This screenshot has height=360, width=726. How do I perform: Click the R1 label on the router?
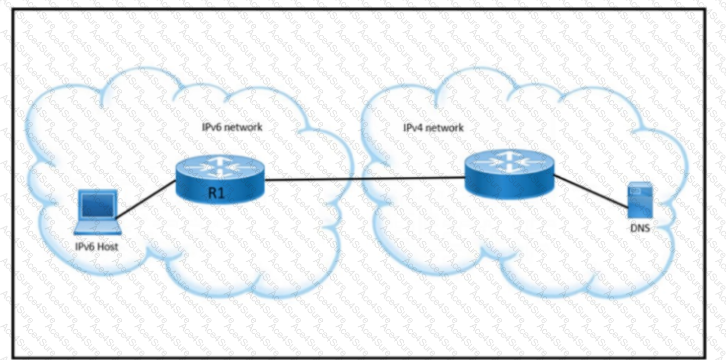[x=216, y=193]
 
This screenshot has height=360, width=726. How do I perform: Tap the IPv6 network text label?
[x=232, y=127]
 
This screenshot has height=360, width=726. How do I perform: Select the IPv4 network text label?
[x=434, y=127]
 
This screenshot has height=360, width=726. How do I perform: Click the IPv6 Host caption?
[x=96, y=247]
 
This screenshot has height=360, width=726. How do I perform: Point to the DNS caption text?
[x=640, y=228]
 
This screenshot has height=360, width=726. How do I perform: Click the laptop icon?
[x=97, y=212]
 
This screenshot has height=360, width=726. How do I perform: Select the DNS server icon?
[x=640, y=200]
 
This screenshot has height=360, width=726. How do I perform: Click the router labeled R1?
[x=220, y=180]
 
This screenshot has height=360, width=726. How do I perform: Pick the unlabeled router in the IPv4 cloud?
[x=509, y=174]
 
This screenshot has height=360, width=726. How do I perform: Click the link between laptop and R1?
[x=146, y=200]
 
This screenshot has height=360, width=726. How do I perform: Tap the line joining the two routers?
[x=365, y=179]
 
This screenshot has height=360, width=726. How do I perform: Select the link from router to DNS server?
[x=591, y=191]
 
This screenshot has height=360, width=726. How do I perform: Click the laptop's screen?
[x=98, y=205]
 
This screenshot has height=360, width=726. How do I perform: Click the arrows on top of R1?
[x=220, y=167]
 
